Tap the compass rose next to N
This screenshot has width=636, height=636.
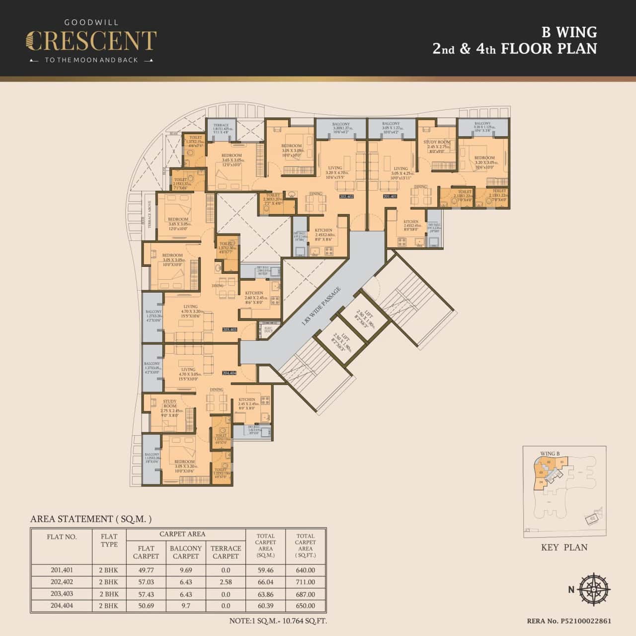click(594, 590)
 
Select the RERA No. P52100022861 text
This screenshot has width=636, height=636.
click(569, 621)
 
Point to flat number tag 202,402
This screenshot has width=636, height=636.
click(346, 197)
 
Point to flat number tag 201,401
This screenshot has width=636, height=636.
click(390, 197)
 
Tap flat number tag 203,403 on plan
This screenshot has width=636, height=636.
click(231, 329)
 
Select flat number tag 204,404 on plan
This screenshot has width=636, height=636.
click(230, 372)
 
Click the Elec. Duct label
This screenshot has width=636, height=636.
click(268, 329)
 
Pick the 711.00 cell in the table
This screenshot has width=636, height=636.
click(305, 582)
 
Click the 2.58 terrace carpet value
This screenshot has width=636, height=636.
click(226, 582)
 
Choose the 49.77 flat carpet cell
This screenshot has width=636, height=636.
click(146, 570)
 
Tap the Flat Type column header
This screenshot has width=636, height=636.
click(109, 540)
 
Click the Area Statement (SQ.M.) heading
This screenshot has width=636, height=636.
click(91, 519)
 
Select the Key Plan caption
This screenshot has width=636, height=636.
click(564, 547)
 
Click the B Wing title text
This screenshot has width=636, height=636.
click(569, 32)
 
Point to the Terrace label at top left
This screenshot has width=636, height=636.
click(221, 126)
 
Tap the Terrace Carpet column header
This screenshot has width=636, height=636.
click(226, 552)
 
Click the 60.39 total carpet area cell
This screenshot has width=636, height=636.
click(265, 606)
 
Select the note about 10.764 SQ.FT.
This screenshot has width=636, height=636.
click(278, 621)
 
